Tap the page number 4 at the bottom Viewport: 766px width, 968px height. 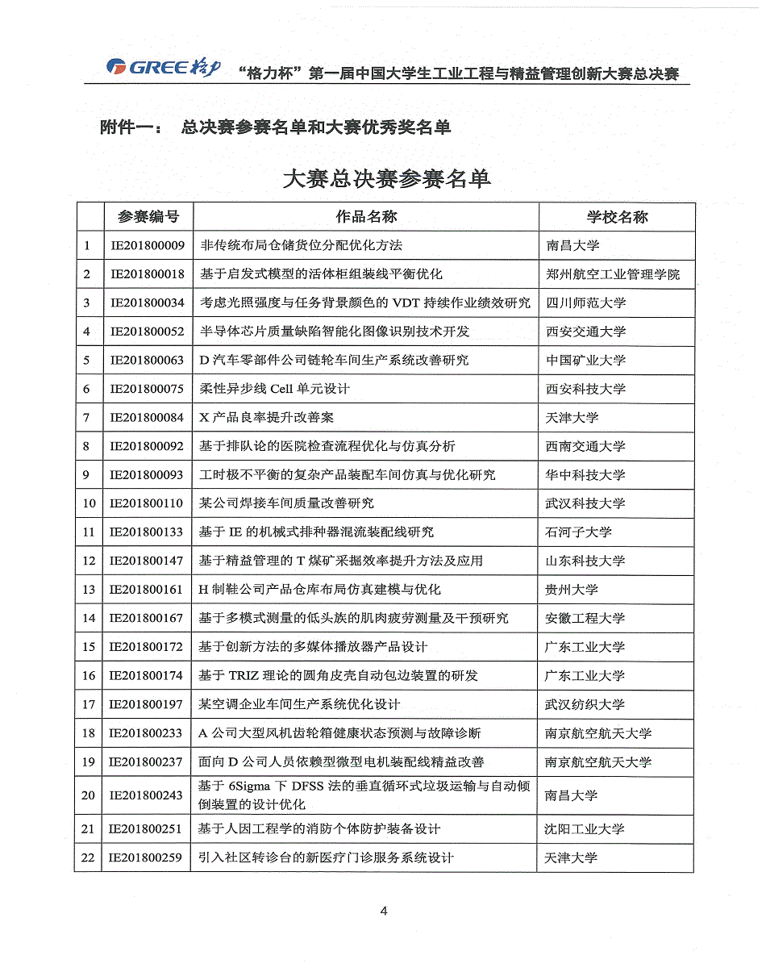click(384, 912)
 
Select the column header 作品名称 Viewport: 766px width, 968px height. click(366, 216)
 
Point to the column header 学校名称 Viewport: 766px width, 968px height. click(617, 216)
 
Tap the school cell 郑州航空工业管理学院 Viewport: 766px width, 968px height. click(613, 274)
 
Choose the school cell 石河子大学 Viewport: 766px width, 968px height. click(579, 532)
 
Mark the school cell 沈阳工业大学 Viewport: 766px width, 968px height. click(585, 828)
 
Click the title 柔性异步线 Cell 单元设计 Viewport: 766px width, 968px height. click(274, 389)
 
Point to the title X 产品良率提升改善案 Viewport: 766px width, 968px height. click(266, 418)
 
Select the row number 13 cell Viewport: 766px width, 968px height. click(89, 590)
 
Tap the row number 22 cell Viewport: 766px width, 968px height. click(89, 857)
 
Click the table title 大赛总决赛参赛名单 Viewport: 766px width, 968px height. click(387, 178)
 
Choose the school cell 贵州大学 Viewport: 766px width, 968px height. click(572, 590)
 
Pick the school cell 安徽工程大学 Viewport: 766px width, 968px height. click(585, 619)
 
